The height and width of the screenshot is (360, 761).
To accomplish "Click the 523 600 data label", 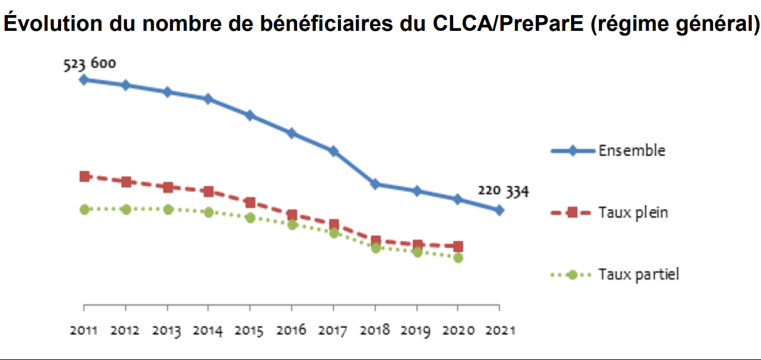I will (89, 64).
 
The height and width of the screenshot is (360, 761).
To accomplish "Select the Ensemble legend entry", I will (632, 151).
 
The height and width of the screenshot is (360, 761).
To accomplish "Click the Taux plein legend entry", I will (633, 212).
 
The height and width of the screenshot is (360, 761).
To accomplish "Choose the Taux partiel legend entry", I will (639, 274).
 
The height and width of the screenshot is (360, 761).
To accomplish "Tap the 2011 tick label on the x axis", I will (83, 330).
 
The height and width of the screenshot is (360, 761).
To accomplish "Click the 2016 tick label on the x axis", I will (292, 330).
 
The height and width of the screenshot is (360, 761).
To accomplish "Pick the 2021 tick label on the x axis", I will (500, 330).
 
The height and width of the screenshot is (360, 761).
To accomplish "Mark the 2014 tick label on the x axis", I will (208, 330).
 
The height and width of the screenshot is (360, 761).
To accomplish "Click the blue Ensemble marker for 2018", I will (375, 184).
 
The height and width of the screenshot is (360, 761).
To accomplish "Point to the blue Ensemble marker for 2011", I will (84, 79).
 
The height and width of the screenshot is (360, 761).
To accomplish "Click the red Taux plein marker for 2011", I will (84, 176).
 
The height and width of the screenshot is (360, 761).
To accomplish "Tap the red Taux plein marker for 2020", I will (458, 246).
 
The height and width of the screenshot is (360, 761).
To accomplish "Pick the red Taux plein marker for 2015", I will (250, 202).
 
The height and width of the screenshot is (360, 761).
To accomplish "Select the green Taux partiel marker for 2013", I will (168, 209).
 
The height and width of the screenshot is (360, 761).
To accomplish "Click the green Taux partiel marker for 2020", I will (458, 257).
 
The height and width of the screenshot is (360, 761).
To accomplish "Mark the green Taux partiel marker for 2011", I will (84, 209).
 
